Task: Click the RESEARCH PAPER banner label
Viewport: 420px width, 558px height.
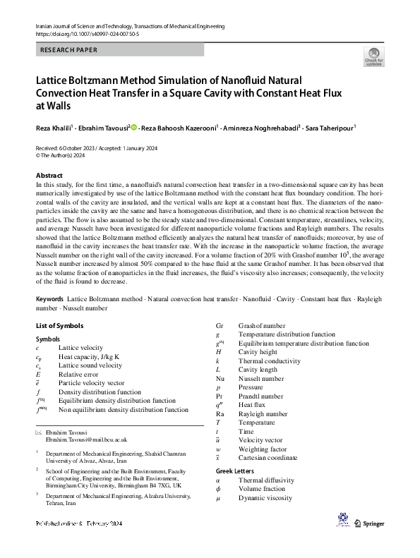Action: [x=69, y=50]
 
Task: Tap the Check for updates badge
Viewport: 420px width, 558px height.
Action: [x=373, y=57]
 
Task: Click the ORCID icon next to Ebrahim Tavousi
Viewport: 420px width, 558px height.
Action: [x=134, y=128]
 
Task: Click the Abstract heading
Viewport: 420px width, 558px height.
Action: [x=49, y=175]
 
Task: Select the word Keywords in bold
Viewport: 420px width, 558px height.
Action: [x=52, y=300]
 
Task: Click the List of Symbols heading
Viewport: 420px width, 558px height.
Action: [x=59, y=326]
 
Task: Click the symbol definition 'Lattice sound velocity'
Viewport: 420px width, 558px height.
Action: [x=90, y=365]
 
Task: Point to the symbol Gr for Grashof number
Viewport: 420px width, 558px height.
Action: [x=220, y=326]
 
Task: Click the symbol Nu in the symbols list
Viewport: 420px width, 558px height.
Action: [x=220, y=379]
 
